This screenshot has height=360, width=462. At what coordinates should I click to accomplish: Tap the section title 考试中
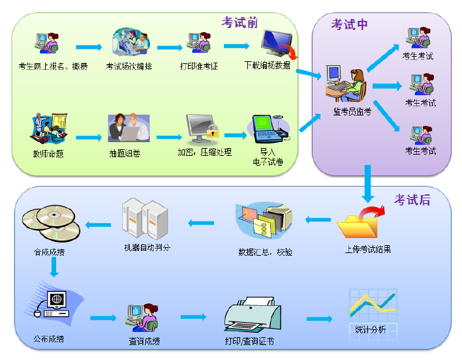tap(349, 25)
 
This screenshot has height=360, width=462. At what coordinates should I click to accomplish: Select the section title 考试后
tap(412, 200)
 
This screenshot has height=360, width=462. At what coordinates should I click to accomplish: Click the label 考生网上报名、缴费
tap(50, 66)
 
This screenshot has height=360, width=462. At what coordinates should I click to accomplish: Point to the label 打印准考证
tap(198, 66)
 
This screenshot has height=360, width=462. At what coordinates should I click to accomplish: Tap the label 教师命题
tap(48, 154)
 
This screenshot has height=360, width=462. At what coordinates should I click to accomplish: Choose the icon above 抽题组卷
tap(129, 128)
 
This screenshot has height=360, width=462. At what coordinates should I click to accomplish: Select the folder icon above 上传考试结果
tap(360, 222)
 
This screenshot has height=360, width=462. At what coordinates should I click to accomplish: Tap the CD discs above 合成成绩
tap(51, 222)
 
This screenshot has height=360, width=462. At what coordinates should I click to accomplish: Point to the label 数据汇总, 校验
tap(265, 250)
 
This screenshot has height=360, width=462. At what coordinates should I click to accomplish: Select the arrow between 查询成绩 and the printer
tap(193, 318)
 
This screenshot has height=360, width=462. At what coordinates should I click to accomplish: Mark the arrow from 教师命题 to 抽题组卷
tap(88, 137)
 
